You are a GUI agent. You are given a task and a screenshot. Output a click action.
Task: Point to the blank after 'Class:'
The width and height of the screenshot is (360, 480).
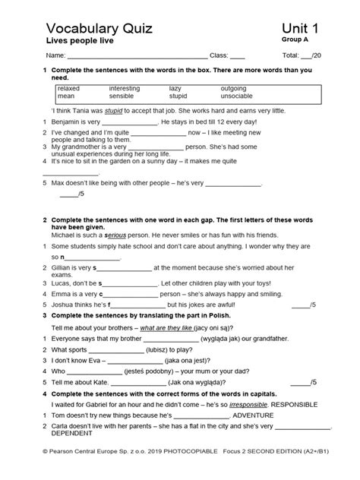pos(237,57)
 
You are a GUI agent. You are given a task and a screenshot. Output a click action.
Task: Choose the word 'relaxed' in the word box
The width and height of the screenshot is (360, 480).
pos(68,89)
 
